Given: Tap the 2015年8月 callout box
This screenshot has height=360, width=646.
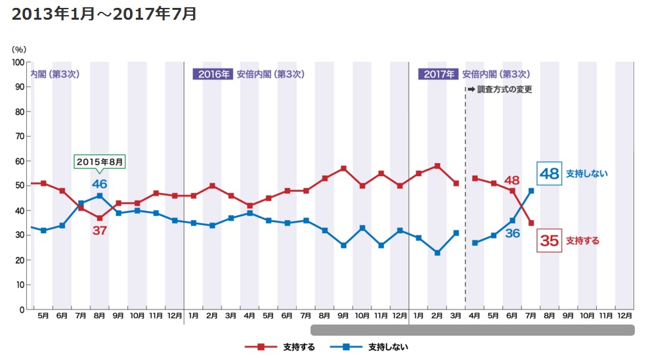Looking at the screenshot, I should [x=99, y=162].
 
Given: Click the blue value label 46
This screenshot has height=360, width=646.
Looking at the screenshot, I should [x=99, y=183].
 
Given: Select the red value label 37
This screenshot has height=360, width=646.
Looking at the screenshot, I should [x=99, y=231].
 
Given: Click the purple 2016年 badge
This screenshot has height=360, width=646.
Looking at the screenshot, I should [x=213, y=74].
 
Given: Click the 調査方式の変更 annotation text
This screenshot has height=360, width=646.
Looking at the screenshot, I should [x=503, y=89].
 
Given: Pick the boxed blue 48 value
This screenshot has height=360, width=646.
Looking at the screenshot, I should [x=548, y=173].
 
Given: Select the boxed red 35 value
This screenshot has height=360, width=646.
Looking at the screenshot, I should [x=549, y=241].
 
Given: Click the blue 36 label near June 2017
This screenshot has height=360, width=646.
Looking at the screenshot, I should [x=512, y=233].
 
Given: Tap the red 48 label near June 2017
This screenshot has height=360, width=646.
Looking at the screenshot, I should [x=512, y=180].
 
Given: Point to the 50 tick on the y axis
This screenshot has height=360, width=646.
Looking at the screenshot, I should [x=20, y=186].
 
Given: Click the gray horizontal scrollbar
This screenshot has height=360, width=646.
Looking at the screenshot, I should [x=473, y=330].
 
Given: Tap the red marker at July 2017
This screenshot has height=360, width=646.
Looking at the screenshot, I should [x=530, y=223].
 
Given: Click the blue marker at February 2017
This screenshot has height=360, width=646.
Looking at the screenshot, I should [x=437, y=252].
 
